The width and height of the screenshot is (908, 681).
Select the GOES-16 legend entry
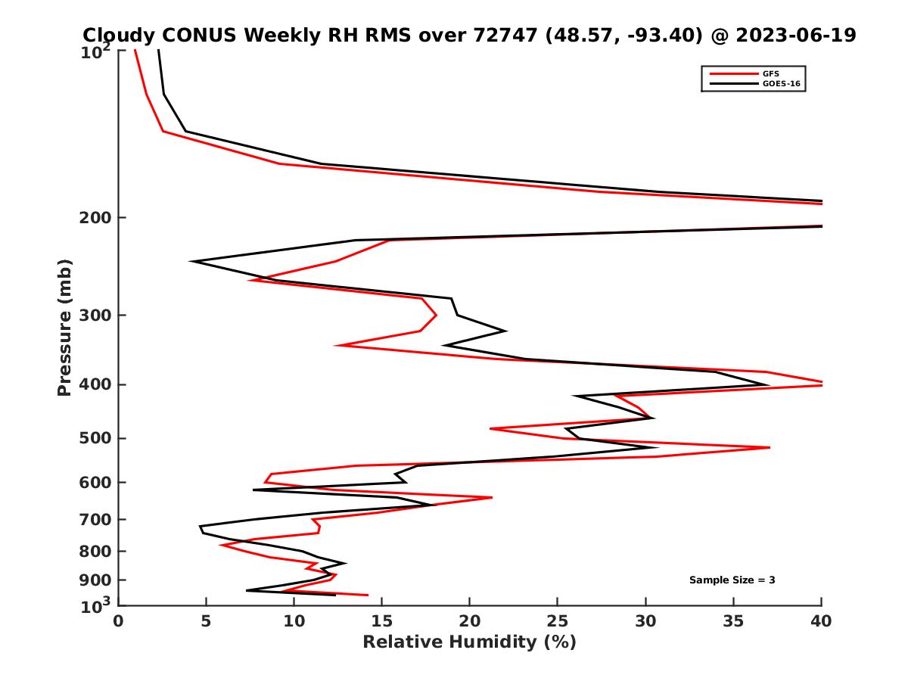[x=779, y=83]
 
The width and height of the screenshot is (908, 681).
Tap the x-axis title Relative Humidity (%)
[x=469, y=642]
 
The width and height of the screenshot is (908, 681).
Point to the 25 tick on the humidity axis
[x=558, y=621]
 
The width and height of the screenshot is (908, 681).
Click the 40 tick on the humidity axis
[x=821, y=621]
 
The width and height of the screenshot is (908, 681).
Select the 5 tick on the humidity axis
[x=206, y=621]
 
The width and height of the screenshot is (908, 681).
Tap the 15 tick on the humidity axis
[x=381, y=621]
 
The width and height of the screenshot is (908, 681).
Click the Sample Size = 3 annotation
[x=732, y=580]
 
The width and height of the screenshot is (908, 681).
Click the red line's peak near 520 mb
[x=770, y=448]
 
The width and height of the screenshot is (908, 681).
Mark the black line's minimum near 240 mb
[x=191, y=262]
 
